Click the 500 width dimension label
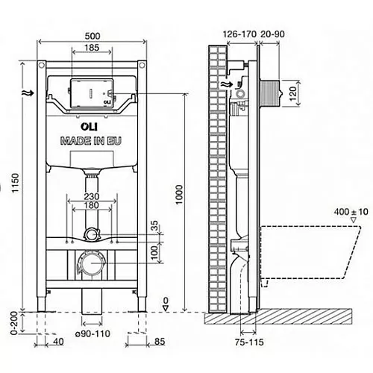pyautogui.click(x=93, y=36)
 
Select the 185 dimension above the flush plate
pyautogui.click(x=92, y=48)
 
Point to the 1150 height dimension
pyautogui.click(x=16, y=183)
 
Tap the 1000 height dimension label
pyautogui.click(x=179, y=195)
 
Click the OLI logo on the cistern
pyautogui.click(x=89, y=126)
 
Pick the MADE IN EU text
pyautogui.click(x=91, y=141)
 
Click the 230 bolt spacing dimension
pyautogui.click(x=92, y=196)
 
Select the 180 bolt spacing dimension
pyautogui.click(x=92, y=205)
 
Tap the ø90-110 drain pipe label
pyautogui.click(x=93, y=333)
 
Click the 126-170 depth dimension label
pyautogui.click(x=239, y=34)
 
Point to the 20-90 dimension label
pyautogui.click(x=272, y=34)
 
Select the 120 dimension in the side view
pyautogui.click(x=293, y=93)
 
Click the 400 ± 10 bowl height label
pyautogui.click(x=351, y=212)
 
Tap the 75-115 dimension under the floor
pyautogui.click(x=249, y=342)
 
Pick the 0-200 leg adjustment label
pyautogui.click(x=15, y=323)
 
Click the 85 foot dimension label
pyautogui.click(x=160, y=342)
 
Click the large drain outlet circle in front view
pyautogui.click(x=92, y=263)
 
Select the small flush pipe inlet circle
pyautogui.click(x=92, y=234)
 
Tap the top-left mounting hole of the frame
pyautogui.click(x=41, y=66)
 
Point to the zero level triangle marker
pyautogui.click(x=166, y=308)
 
